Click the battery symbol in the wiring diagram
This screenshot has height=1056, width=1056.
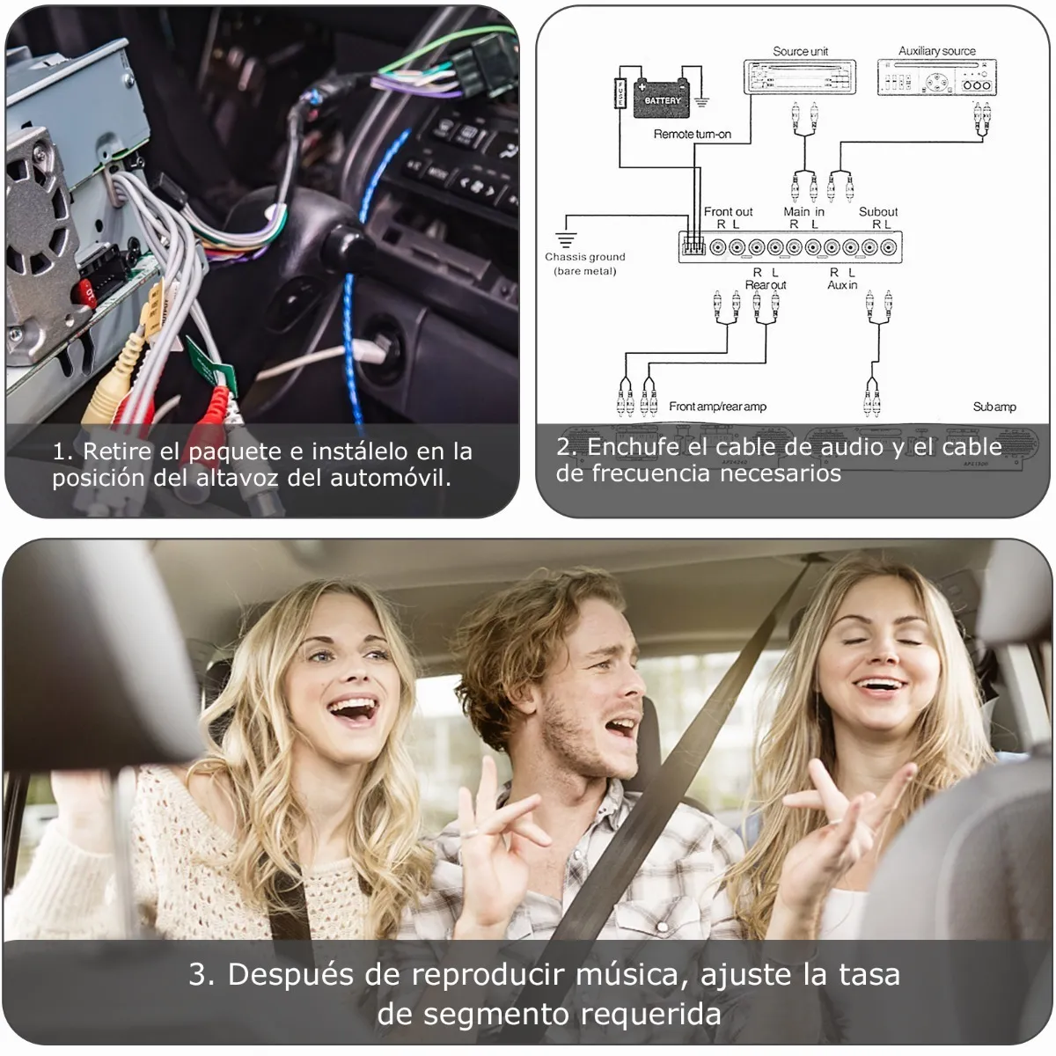[662, 96]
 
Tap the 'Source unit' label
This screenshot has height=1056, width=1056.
[800, 51]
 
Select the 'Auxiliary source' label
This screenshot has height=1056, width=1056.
[936, 51]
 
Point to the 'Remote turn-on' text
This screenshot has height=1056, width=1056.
[692, 134]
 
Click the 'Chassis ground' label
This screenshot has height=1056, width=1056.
[584, 257]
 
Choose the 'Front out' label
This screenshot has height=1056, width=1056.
[728, 211]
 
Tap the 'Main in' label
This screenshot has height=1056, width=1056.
[803, 211]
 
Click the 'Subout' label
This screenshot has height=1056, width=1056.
[877, 211]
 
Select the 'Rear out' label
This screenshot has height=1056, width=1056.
[765, 285]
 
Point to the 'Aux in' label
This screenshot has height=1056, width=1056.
[841, 285]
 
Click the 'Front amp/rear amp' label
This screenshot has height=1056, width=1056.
[717, 407]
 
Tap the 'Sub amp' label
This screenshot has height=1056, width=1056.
[994, 407]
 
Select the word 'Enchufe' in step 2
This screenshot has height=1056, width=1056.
[633, 447]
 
